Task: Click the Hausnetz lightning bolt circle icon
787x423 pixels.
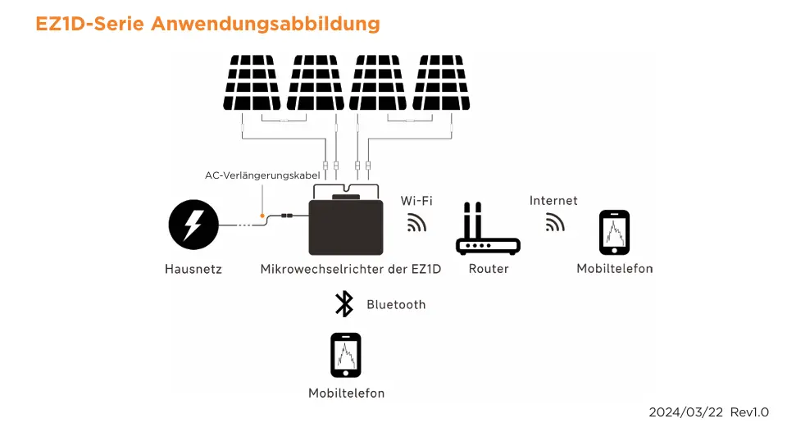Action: [x=193, y=225]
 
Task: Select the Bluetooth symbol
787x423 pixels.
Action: [x=344, y=304]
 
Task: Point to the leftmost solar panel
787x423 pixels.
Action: [x=252, y=83]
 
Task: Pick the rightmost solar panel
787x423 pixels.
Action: [x=441, y=83]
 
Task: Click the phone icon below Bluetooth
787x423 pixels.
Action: [x=346, y=355]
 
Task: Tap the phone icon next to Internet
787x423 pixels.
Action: [x=614, y=232]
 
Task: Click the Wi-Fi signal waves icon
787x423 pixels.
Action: [x=416, y=223]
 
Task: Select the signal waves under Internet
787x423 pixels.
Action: [x=555, y=222]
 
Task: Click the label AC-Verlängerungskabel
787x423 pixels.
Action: [x=262, y=175]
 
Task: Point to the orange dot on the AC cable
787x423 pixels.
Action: [x=262, y=216]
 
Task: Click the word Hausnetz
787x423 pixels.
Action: [x=193, y=269]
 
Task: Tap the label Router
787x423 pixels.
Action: [x=489, y=269]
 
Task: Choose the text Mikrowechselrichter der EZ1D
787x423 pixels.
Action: [x=351, y=269]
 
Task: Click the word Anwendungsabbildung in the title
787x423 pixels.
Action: [x=266, y=24]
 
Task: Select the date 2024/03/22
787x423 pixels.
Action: [x=685, y=412]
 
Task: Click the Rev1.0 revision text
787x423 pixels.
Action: [x=749, y=412]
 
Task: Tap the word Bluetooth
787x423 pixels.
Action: [x=396, y=305]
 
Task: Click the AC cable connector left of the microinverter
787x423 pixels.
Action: [x=287, y=216]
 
